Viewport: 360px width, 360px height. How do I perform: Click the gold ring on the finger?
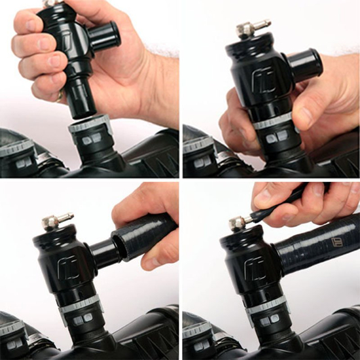coord(60,96)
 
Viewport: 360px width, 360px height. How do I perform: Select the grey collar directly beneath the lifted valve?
coord(90,124)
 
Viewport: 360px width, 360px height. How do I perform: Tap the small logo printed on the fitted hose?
coord(337,243)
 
